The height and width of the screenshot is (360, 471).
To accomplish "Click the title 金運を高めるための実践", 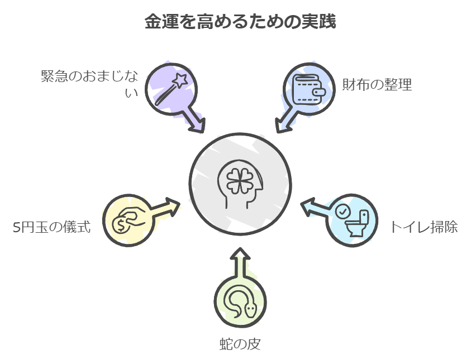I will pyautogui.click(x=235, y=22).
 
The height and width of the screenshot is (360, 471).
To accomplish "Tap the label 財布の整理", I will pyautogui.click(x=377, y=85).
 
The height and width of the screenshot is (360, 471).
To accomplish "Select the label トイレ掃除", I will pyautogui.click(x=424, y=227).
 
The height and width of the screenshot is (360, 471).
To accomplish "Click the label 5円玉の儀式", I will pyautogui.click(x=51, y=227).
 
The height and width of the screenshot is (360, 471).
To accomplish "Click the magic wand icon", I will pyautogui.click(x=170, y=88).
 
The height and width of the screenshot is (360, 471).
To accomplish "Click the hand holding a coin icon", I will pyautogui.click(x=128, y=219).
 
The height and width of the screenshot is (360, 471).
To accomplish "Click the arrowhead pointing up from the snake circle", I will pyautogui.click(x=240, y=255).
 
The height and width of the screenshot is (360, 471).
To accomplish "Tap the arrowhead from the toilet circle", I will pyautogui.click(x=308, y=207).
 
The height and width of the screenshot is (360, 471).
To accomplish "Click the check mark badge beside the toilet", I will pyautogui.click(x=342, y=210).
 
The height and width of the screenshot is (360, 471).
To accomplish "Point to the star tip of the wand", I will pyautogui.click(x=181, y=79).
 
